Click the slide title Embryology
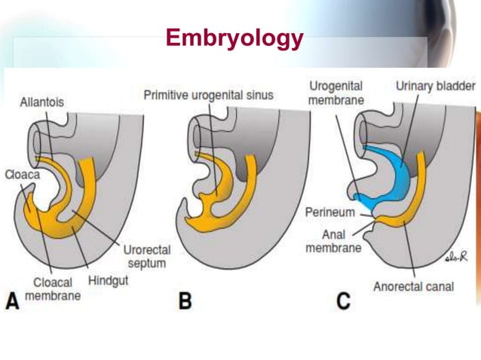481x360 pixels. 234,38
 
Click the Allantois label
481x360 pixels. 42,101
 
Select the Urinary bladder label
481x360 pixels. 434,87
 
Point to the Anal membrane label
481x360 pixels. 333,241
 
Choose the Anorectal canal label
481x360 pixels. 413,286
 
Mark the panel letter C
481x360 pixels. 344,301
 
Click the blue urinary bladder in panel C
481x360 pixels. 396,177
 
